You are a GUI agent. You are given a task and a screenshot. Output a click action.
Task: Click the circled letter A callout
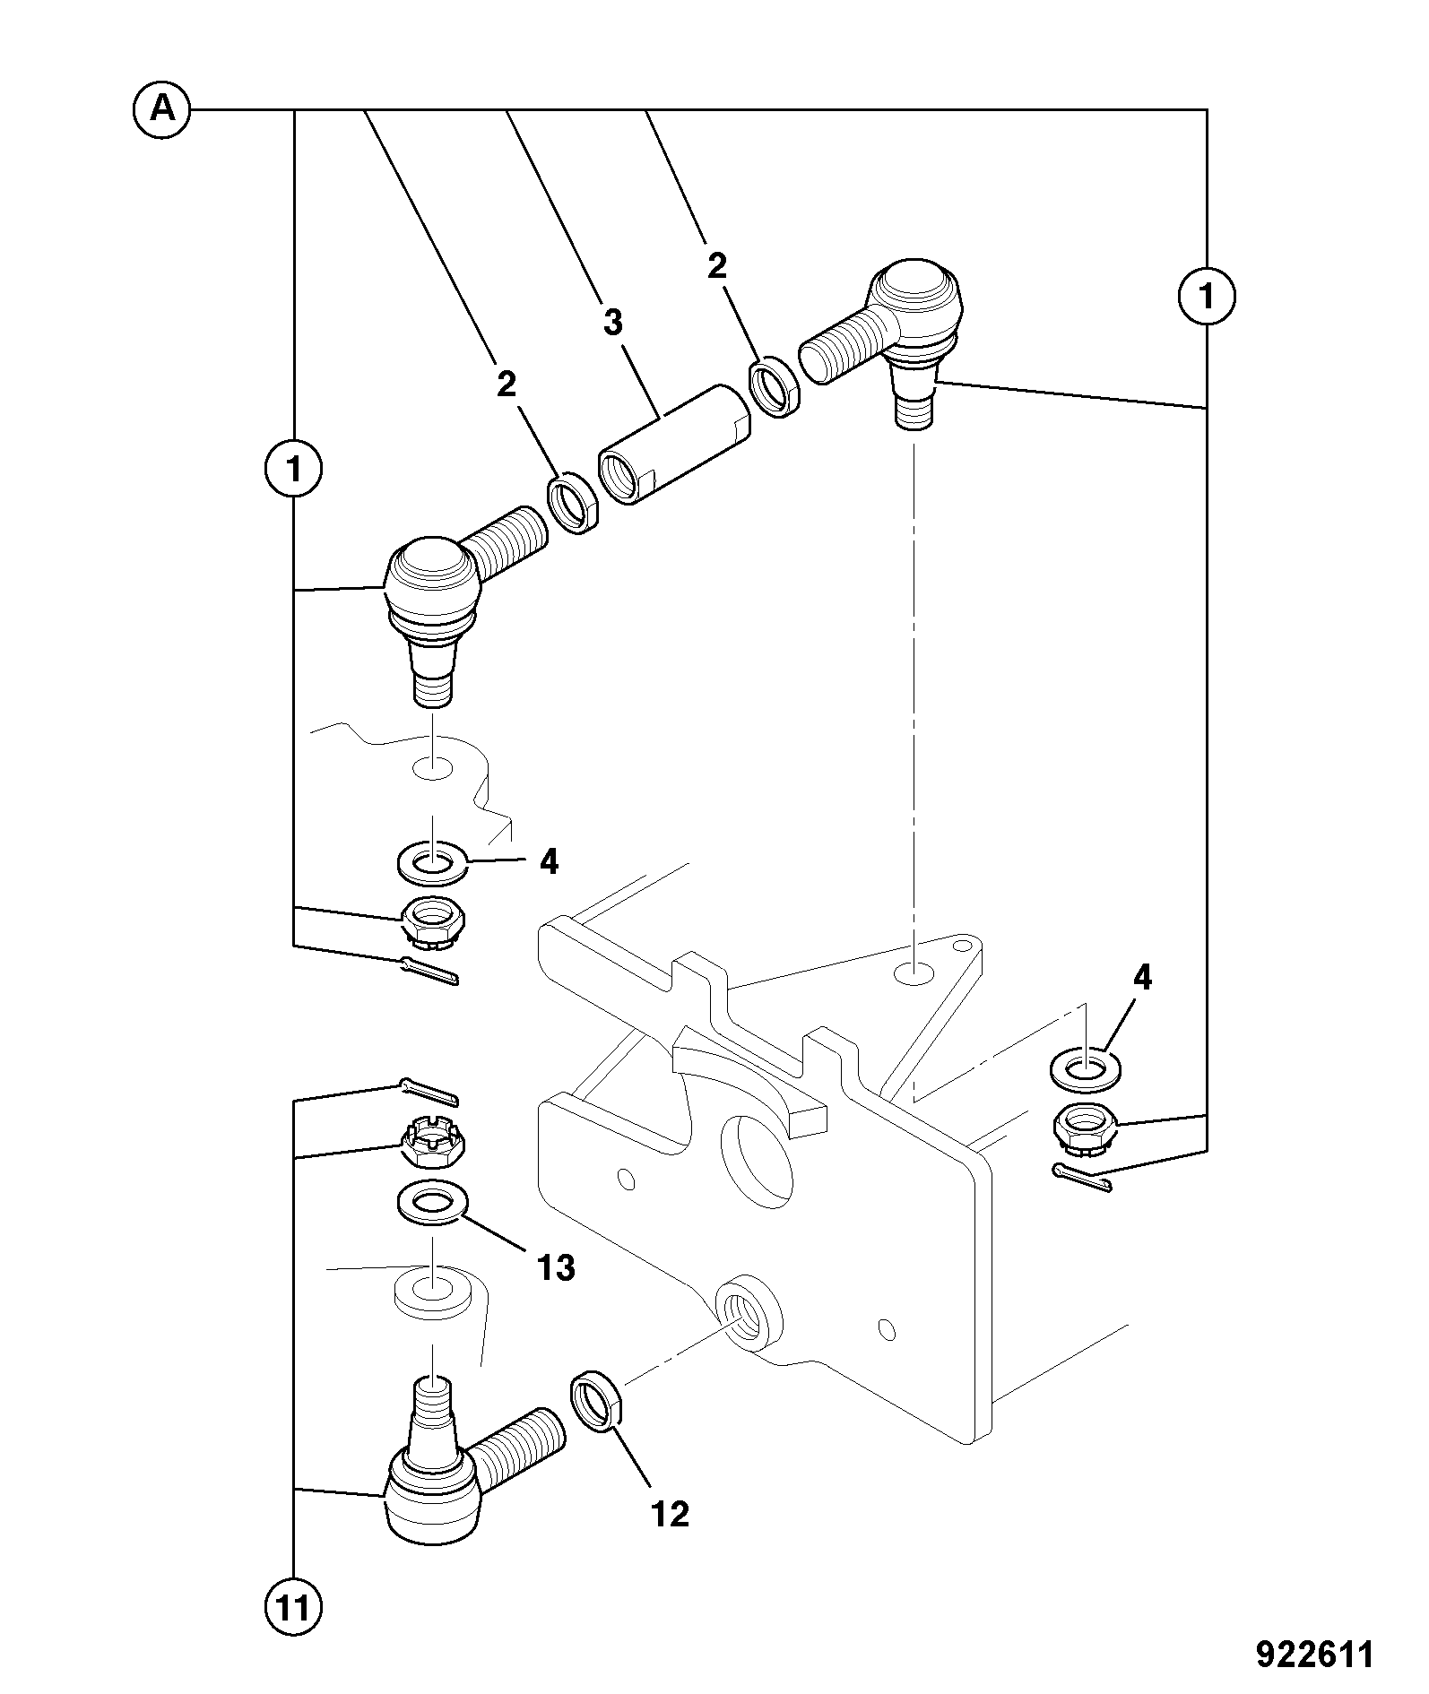161,109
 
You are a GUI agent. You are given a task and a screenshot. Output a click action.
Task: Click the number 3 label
612,323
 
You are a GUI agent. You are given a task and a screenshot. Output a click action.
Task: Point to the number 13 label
556,1267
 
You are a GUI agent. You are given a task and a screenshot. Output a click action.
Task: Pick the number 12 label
670,1514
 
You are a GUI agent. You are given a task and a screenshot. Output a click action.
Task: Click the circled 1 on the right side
1206,296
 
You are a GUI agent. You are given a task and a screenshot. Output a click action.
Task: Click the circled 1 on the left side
293,468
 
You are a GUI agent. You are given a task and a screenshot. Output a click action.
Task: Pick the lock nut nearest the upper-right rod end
775,386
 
